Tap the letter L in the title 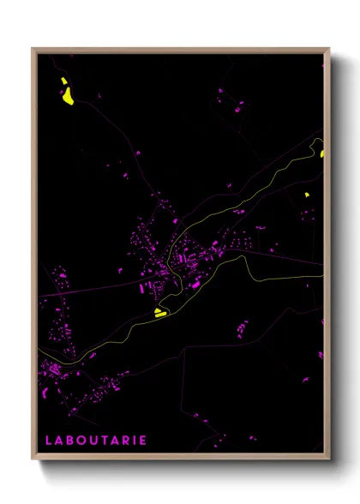tap(49, 441)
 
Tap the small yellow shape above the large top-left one tap(63, 82)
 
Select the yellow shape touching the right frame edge tap(322, 154)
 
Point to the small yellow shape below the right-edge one tap(306, 195)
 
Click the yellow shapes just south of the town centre tap(161, 313)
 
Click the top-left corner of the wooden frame tap(33, 49)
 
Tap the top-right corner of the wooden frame tap(328, 49)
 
